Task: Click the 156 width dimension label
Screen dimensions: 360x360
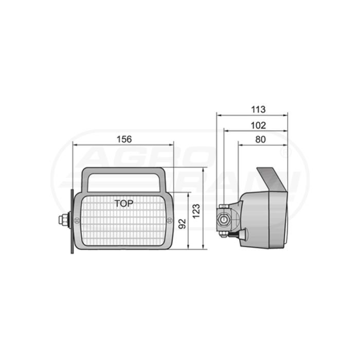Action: [x=124, y=139]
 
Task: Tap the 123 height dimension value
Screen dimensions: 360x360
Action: [x=196, y=211]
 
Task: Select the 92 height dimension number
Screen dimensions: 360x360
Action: [x=182, y=224]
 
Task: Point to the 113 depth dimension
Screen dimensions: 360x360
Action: [x=258, y=110]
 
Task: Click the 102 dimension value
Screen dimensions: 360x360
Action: [x=258, y=125]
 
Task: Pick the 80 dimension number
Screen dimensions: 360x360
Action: [x=260, y=139]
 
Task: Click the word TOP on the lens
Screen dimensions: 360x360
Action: [x=124, y=204]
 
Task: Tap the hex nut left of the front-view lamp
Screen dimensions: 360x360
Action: [x=62, y=220]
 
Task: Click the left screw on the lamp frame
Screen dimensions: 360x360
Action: [x=77, y=221]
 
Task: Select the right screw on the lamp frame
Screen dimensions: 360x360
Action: [x=170, y=221]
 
